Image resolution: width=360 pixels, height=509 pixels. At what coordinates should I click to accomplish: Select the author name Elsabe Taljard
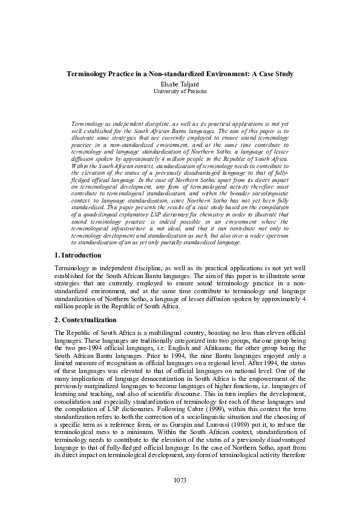(180, 82)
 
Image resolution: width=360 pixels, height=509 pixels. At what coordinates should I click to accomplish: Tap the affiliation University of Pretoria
(180, 90)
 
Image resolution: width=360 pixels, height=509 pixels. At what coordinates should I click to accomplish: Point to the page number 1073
(180, 480)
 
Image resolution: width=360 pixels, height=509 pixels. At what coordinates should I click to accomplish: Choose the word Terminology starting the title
(87, 74)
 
